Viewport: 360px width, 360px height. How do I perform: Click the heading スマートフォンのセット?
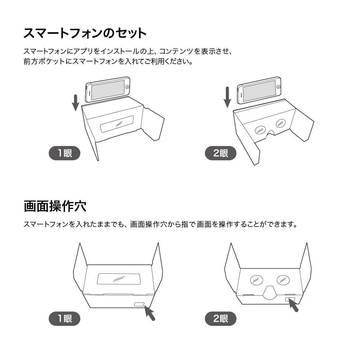click(85, 33)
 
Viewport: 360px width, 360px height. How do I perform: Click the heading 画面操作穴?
click(55, 206)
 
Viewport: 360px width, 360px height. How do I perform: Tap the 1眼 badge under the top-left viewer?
click(65, 154)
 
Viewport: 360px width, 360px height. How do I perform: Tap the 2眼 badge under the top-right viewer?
click(220, 154)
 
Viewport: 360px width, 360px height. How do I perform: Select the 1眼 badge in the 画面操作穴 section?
click(65, 319)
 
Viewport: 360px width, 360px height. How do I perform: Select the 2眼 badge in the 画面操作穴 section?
click(220, 319)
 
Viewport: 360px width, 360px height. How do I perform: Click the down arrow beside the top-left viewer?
click(75, 102)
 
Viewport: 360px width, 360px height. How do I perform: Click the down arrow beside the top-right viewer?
click(227, 97)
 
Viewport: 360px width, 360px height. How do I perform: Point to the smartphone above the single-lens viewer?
click(108, 90)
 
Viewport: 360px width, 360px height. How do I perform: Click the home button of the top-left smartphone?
click(127, 87)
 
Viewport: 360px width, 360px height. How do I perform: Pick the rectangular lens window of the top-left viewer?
click(117, 124)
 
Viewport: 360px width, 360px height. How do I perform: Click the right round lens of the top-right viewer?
click(281, 123)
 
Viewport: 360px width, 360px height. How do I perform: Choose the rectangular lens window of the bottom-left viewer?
click(118, 279)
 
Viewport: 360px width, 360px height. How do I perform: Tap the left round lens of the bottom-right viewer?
click(256, 279)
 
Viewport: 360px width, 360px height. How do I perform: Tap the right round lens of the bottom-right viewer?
click(283, 279)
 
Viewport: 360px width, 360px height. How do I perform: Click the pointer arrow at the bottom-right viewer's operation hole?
click(294, 306)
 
